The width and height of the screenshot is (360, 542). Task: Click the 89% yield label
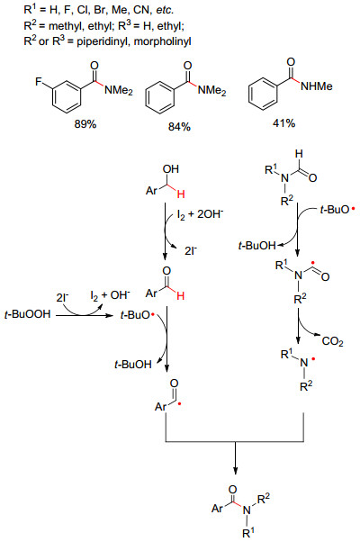pos(85,124)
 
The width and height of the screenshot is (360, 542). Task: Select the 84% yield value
pos(179,127)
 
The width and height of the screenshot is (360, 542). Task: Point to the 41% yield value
pos(283,123)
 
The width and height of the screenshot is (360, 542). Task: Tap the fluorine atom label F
pos(39,82)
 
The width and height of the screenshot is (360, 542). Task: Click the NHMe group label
pos(317,86)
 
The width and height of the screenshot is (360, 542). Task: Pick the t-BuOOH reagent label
pos(28,314)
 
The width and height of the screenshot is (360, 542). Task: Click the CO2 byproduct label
pos(332,341)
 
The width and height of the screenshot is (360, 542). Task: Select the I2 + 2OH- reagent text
pos(200,214)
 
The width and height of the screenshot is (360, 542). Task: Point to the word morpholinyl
pos(162,41)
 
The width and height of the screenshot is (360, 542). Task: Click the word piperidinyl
pos(102,41)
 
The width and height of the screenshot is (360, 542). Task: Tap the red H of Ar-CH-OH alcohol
pos(181,195)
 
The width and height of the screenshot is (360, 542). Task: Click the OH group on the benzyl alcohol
pos(171,169)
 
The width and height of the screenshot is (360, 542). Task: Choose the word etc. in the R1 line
pos(164,11)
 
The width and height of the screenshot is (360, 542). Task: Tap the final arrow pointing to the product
pos(235,457)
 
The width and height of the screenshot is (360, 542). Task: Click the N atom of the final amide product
pos(246,510)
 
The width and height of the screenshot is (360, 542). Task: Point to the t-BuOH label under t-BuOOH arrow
pos(133,364)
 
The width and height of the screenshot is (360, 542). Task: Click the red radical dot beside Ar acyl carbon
pos(179,403)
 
